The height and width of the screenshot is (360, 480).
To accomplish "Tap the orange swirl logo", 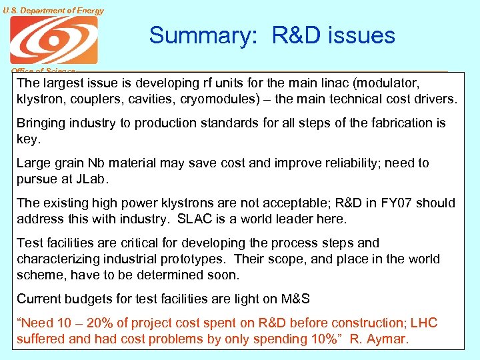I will (53, 40).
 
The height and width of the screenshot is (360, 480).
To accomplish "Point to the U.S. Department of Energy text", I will (53, 10).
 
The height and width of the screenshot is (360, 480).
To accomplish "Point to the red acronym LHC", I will (424, 323).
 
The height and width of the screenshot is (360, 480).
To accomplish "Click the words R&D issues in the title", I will (333, 35).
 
